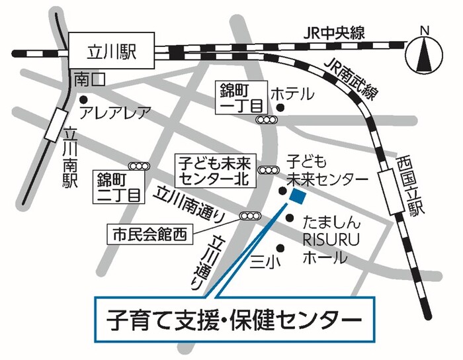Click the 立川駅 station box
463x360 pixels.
click(x=112, y=51)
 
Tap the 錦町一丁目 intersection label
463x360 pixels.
click(x=242, y=97)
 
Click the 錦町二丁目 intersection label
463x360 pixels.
click(x=119, y=186)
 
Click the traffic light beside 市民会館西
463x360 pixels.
click(x=251, y=216)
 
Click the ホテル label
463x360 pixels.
click(x=292, y=93)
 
